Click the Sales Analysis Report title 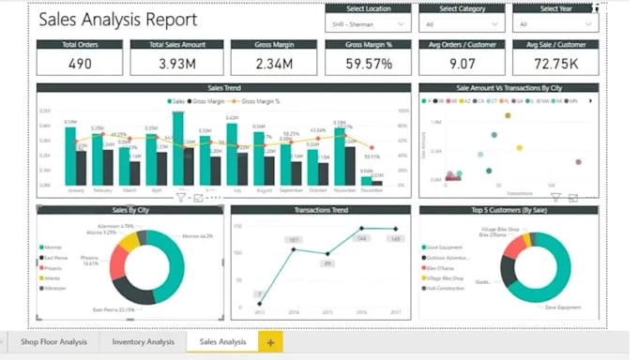tap(118, 20)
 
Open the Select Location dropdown tap(368, 24)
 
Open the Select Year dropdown tap(554, 24)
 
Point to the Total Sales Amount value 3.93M tap(176, 63)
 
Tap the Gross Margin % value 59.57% tap(368, 63)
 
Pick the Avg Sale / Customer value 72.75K tap(555, 63)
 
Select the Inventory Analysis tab tap(143, 342)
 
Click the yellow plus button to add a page tap(270, 343)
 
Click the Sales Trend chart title tap(223, 88)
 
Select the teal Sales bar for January tap(70, 156)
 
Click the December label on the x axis tap(372, 190)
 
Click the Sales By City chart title tap(131, 210)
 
